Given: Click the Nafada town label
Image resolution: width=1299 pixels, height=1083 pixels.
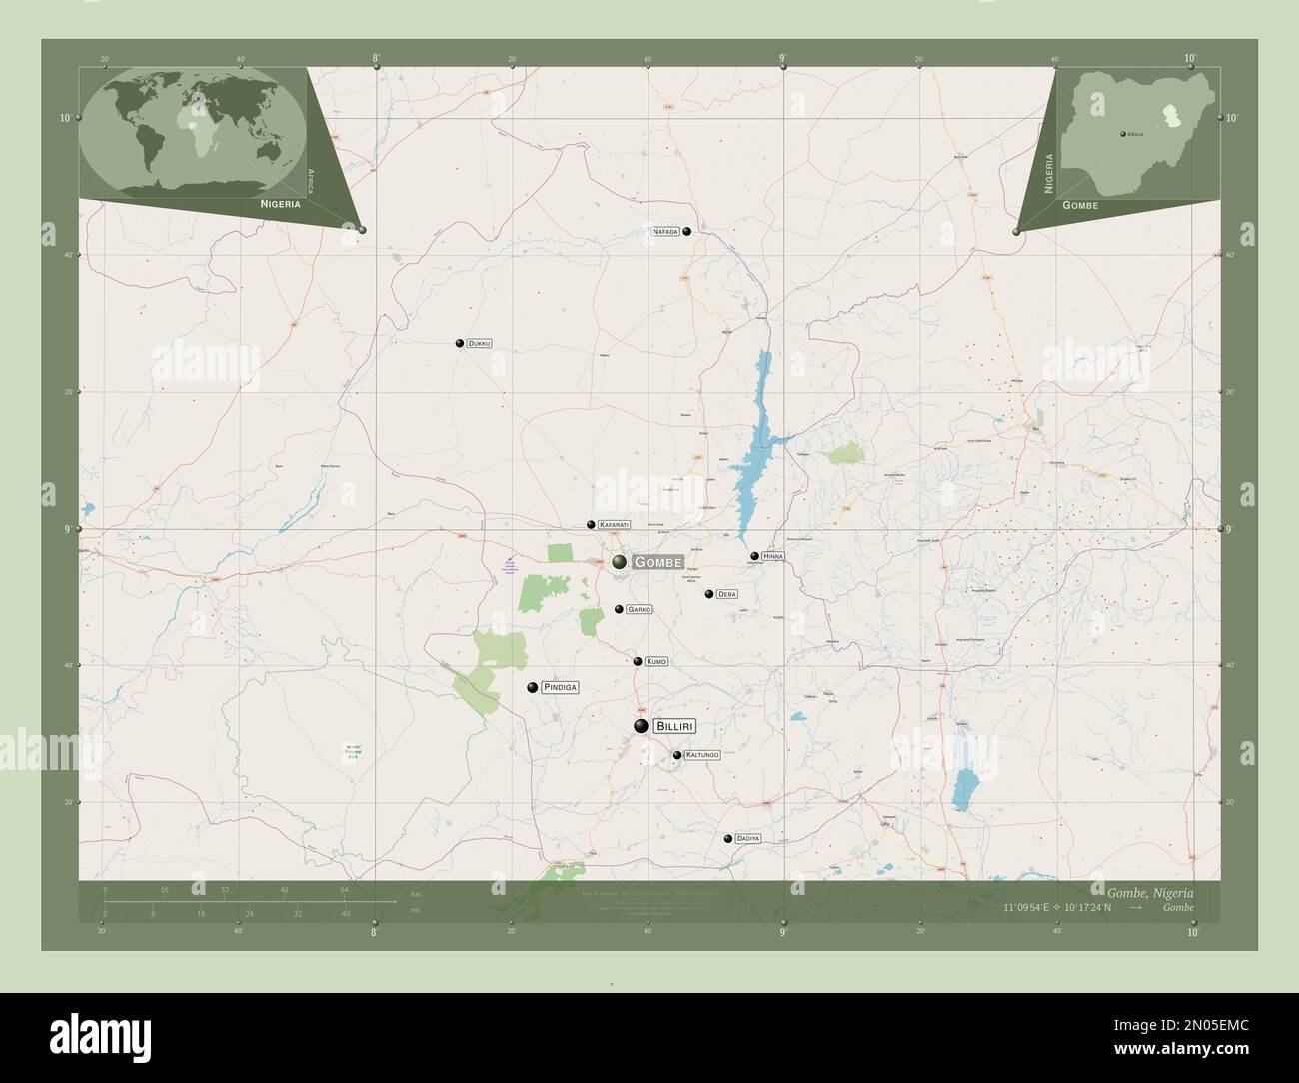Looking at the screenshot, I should pos(665,231).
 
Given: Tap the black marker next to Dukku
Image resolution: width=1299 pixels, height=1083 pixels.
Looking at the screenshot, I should pos(460,343).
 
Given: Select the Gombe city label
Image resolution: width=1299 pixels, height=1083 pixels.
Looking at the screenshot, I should pos(657,562).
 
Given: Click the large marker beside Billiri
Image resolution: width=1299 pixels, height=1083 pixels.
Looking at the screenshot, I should pos(641,726).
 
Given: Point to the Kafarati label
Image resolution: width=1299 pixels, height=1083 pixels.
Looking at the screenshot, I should pos(614,525).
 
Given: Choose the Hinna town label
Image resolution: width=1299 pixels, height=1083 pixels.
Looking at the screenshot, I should pos(773,556).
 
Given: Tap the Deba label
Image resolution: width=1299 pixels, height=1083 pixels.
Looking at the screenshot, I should pos(726,594).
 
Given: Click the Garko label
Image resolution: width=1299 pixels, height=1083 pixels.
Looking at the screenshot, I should pos(639,609).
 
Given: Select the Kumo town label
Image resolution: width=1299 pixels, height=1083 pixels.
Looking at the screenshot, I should pos(655,661).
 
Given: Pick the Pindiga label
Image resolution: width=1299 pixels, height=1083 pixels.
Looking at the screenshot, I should pos(560,687).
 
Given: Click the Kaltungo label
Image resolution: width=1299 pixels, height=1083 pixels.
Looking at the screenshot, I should pos(702,755).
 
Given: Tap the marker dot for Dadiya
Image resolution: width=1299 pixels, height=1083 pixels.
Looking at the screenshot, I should pos(728,839).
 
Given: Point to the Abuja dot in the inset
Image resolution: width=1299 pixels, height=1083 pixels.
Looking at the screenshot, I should pos(1122,133).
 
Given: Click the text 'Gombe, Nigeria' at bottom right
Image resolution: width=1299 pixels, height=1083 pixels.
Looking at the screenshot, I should pos(1149,891).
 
